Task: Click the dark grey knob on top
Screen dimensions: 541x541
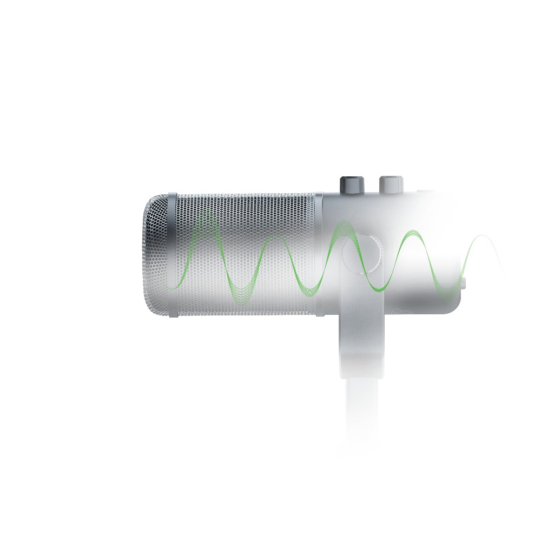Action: point(350,184)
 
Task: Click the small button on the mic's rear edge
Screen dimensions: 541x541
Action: point(465,281)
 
